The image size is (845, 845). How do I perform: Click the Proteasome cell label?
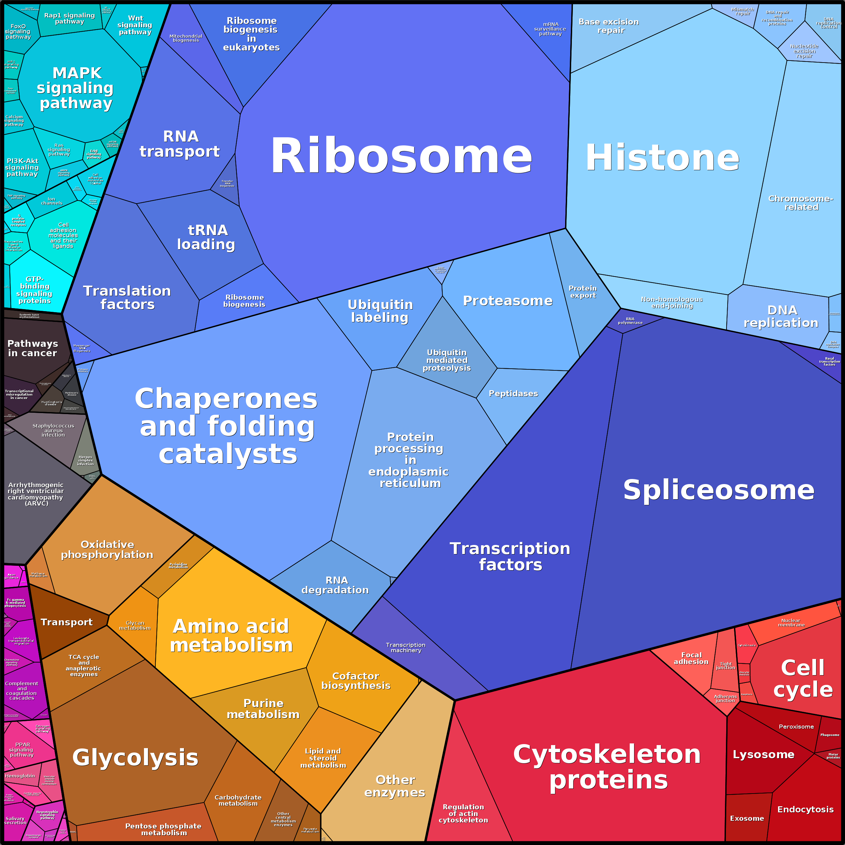507,301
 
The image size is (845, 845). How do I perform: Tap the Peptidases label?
513,394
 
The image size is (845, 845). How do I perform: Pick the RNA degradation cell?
335,585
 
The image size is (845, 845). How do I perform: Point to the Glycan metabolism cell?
135,625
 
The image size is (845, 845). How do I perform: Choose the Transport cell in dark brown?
67,622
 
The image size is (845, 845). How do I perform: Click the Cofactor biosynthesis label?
356,681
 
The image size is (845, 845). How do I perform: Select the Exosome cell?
746,818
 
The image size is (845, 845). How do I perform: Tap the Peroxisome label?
796,727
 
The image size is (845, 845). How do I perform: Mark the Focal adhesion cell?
691,658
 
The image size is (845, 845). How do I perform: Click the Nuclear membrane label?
791,622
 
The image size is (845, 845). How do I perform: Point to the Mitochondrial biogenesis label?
185,38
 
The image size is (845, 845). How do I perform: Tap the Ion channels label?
51,201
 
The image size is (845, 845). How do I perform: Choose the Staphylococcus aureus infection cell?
53,430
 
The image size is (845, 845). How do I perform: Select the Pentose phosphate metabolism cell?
163,829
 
